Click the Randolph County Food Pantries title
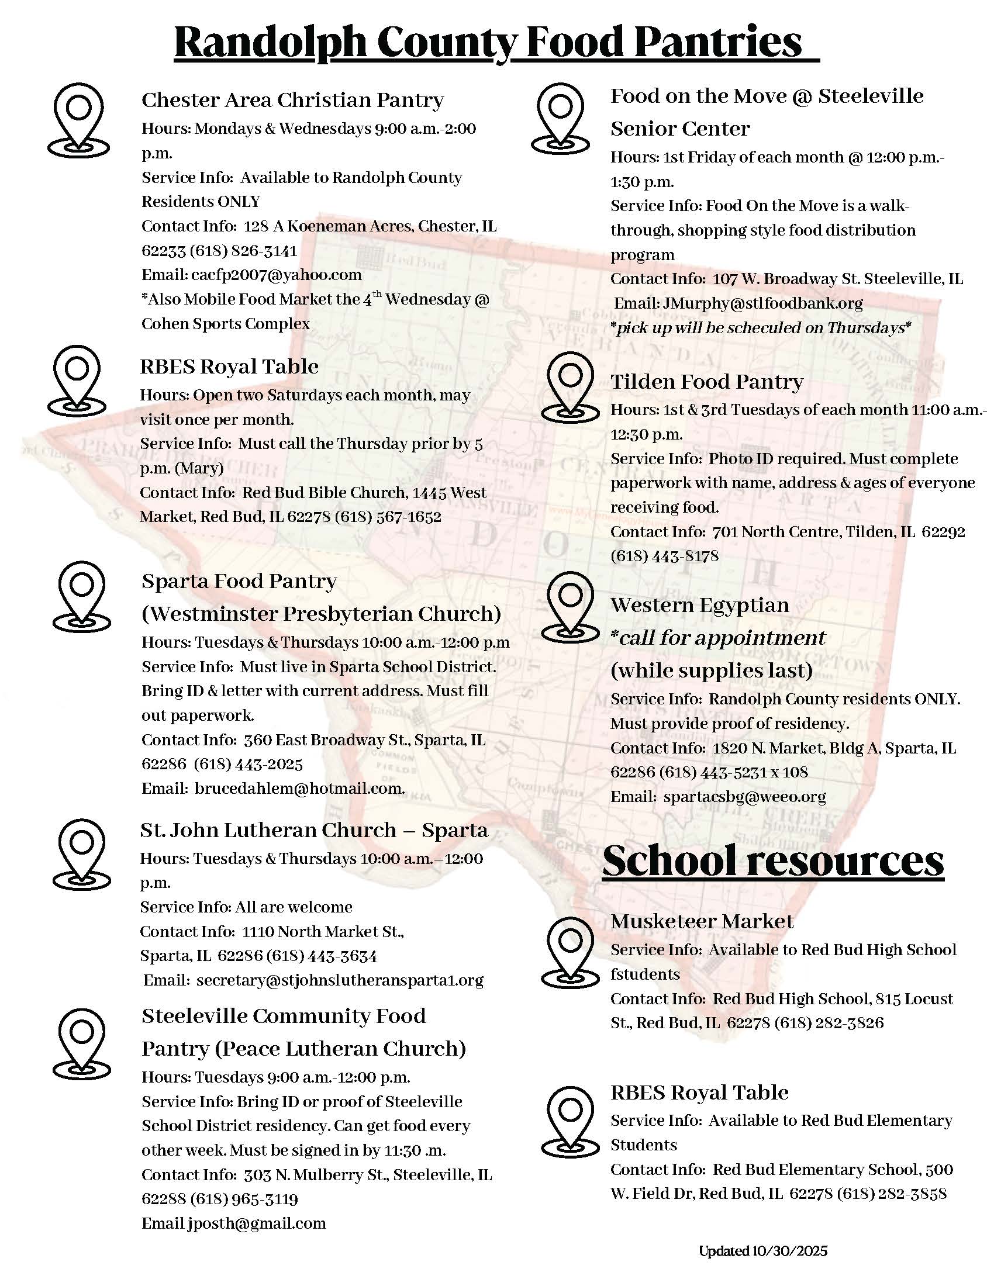point(496,43)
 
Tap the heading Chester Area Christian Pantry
point(292,100)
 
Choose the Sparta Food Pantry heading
point(239,581)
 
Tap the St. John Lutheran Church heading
point(314,830)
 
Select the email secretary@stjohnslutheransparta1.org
point(340,980)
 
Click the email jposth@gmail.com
point(257,1223)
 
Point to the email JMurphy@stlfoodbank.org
point(762,303)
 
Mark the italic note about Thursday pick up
point(760,327)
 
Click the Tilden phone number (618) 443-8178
point(664,556)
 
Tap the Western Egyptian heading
point(699,606)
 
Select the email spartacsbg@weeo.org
point(744,797)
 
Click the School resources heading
point(772,861)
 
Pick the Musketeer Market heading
point(702,921)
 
